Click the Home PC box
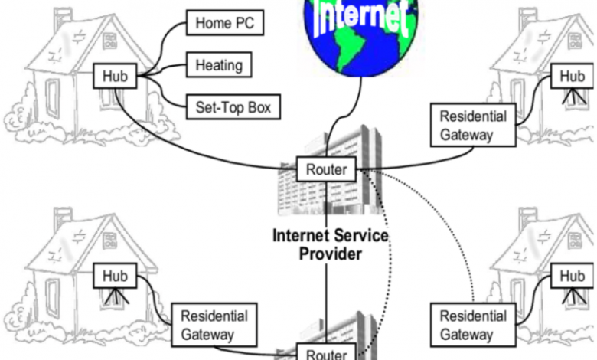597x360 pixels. click(224, 24)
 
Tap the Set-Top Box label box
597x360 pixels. click(233, 106)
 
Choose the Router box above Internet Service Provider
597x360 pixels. click(326, 169)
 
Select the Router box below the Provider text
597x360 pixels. click(326, 354)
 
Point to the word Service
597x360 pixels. click(356, 236)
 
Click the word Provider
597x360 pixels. click(330, 254)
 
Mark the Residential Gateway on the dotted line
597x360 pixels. click(472, 325)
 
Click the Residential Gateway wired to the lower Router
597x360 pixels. click(214, 325)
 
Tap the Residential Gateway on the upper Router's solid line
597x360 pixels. click(472, 126)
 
